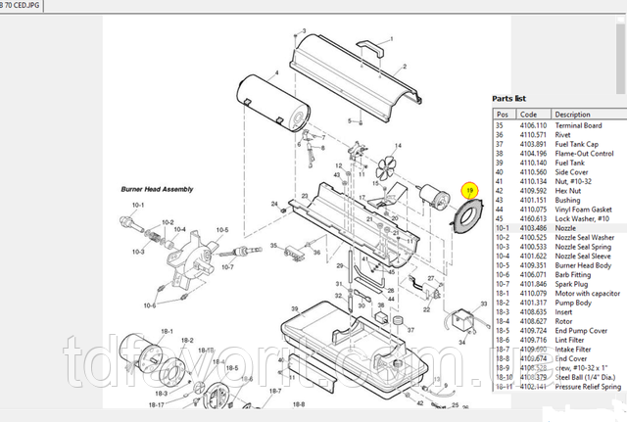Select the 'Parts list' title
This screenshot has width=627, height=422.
click(x=508, y=99)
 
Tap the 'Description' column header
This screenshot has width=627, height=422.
click(x=573, y=115)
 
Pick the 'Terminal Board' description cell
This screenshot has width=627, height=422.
click(x=578, y=125)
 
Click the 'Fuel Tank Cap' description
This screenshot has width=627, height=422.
click(x=576, y=144)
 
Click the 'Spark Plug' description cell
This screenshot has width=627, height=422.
click(x=572, y=283)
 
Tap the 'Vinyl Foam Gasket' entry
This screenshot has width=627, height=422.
click(x=582, y=209)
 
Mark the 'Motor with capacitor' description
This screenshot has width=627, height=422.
click(x=588, y=293)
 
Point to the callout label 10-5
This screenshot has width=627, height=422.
click(x=222, y=230)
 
